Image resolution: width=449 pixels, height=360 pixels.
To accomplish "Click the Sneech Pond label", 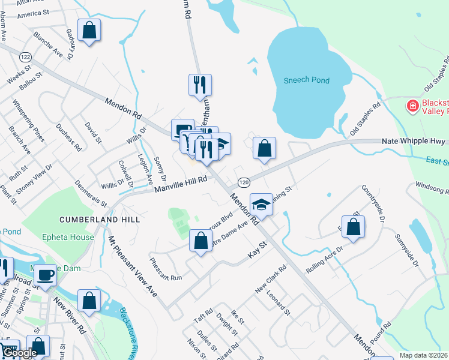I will (x=308, y=80).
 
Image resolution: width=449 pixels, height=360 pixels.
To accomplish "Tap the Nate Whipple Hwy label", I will (x=413, y=141).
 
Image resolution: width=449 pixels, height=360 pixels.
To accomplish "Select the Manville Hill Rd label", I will (x=181, y=185).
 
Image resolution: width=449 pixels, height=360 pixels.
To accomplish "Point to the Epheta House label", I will (x=68, y=237).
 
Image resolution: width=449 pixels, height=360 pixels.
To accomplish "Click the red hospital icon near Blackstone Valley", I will (x=412, y=107).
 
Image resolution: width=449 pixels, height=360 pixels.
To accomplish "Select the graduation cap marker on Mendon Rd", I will (x=262, y=206).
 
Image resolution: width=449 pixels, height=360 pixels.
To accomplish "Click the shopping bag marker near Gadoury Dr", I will (x=89, y=31).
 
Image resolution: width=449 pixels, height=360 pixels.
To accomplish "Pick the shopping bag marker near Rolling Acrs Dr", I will (x=354, y=227).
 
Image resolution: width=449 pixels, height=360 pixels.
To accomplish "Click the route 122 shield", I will (x=25, y=56).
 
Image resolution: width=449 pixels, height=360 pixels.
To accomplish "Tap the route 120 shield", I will (x=243, y=182).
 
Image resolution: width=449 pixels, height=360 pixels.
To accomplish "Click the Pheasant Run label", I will (x=165, y=269).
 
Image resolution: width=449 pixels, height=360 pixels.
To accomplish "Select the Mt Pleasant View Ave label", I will (x=131, y=265).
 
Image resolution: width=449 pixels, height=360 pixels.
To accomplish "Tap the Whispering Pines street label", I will (x=30, y=124).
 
